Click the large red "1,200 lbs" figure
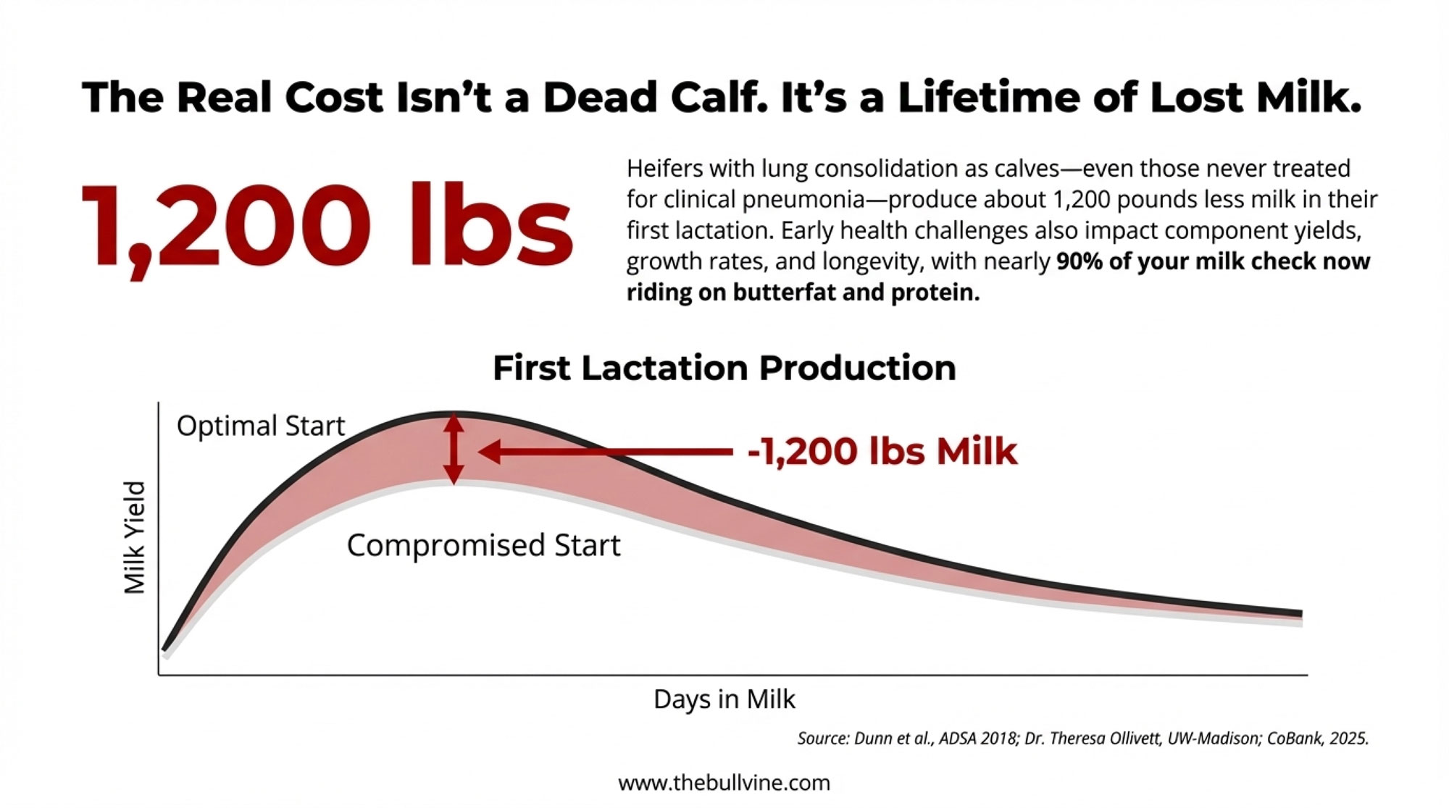pos(326,226)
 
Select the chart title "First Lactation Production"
pos(724,368)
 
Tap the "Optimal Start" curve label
pos(260,426)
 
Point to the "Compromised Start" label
pos(483,545)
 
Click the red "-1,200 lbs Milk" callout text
pos(882,451)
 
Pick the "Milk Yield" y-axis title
pos(135,537)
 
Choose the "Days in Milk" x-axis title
pos(724,699)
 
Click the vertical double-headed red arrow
pos(454,449)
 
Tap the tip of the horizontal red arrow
pos(482,452)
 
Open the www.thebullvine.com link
pos(724,783)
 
